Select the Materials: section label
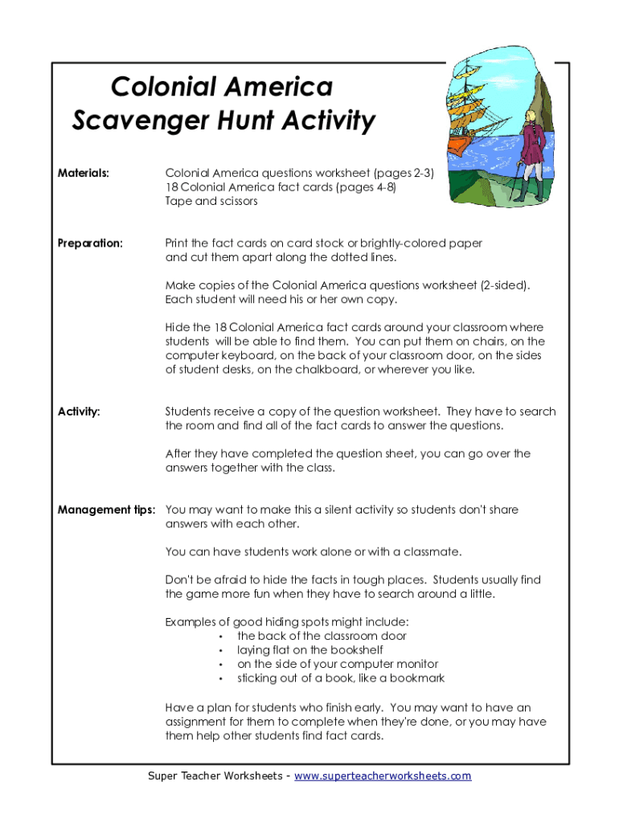pyautogui.click(x=84, y=173)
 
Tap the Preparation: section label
pyautogui.click(x=90, y=243)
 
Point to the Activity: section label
pyautogui.click(x=79, y=411)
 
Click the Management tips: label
pyautogui.click(x=106, y=510)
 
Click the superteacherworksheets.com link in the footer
pyautogui.click(x=383, y=776)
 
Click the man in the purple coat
pyautogui.click(x=532, y=149)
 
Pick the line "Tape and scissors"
pyautogui.click(x=211, y=201)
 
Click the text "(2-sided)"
pyautogui.click(x=506, y=285)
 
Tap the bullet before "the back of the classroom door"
pyautogui.click(x=220, y=636)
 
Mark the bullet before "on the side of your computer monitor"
pyautogui.click(x=220, y=664)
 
